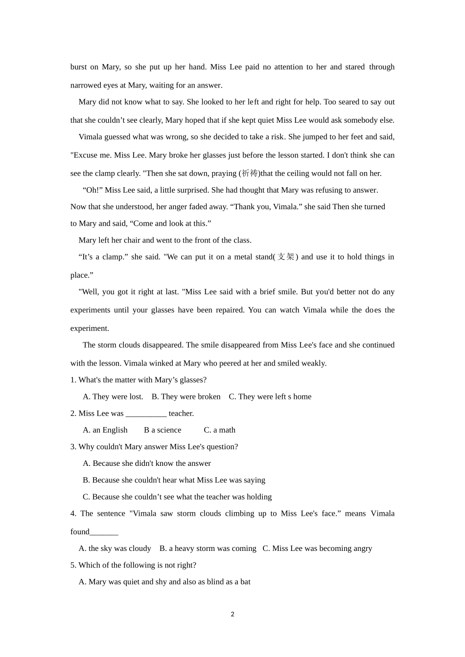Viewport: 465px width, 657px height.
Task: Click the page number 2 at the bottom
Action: (x=232, y=614)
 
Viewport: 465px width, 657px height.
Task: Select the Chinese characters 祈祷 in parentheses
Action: (x=250, y=174)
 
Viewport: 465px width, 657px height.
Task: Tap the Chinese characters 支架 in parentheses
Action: (x=286, y=257)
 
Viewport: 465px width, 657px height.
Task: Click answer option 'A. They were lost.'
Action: (x=113, y=396)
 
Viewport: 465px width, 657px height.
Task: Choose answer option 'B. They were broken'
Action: (x=186, y=396)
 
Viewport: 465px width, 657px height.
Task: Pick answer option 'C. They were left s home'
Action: (x=270, y=396)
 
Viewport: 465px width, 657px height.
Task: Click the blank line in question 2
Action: (x=146, y=414)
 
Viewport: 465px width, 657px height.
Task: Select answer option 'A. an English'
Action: (x=105, y=430)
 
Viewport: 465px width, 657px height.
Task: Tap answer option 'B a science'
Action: (x=163, y=430)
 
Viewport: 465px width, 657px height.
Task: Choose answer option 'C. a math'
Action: (x=220, y=430)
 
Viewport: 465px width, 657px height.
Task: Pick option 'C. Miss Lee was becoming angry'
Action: (x=317, y=548)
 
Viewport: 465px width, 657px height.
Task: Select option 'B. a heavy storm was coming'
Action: (x=208, y=548)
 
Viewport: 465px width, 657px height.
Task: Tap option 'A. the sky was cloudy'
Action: (x=115, y=548)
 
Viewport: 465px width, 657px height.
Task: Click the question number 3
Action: (x=73, y=447)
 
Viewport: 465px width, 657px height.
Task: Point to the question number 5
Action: (x=73, y=565)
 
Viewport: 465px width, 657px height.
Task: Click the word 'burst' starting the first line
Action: (x=78, y=67)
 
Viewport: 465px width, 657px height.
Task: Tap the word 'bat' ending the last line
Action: (x=245, y=582)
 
